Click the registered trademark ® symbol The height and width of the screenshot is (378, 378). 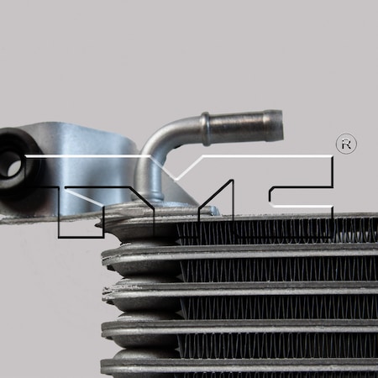click(x=345, y=144)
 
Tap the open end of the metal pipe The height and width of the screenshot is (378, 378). click(x=277, y=126)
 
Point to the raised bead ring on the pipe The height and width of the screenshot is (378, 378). click(x=204, y=129)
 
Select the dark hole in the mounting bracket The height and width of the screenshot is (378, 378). click(x=13, y=164)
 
